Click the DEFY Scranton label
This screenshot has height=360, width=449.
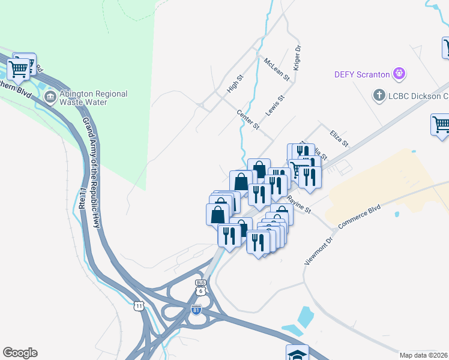point(362,75)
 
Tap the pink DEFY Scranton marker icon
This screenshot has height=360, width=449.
point(399,74)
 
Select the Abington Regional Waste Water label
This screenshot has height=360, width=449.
point(94,98)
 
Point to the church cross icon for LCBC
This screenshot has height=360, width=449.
point(379,95)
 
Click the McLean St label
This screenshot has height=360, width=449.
point(277,69)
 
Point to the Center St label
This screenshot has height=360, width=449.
point(247,119)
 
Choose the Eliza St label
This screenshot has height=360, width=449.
point(339,138)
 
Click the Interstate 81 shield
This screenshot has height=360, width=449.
point(196,310)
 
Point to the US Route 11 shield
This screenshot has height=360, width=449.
point(139,306)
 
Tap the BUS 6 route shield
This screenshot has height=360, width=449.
point(200,287)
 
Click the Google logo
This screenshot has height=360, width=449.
point(20,353)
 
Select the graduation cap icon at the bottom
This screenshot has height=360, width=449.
point(297,354)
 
